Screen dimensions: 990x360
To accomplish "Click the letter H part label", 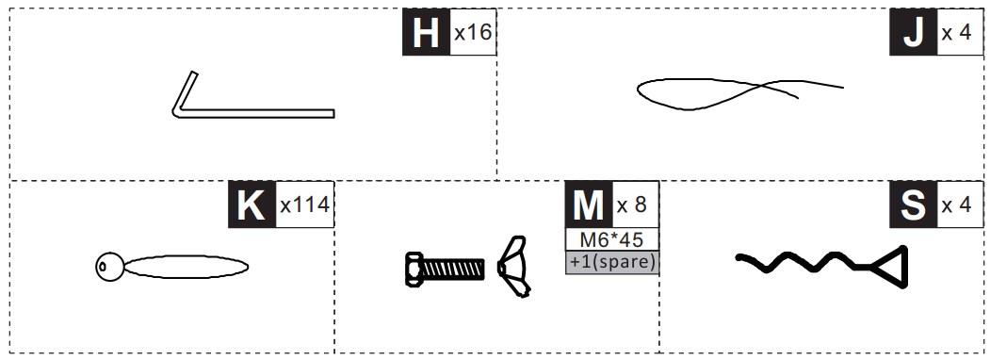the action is (x=426, y=32).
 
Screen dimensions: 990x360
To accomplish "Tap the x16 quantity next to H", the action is (x=473, y=32).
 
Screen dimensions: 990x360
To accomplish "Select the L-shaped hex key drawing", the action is (x=252, y=113).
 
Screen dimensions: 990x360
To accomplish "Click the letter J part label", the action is (x=913, y=32).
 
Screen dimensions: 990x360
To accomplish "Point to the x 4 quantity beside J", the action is (x=956, y=32).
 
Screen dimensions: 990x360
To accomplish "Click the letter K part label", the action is (x=252, y=205).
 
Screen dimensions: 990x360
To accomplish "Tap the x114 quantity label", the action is (x=305, y=205).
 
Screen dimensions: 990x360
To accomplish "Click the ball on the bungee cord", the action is (x=109, y=267).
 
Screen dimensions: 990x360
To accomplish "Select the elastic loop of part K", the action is (x=187, y=267).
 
